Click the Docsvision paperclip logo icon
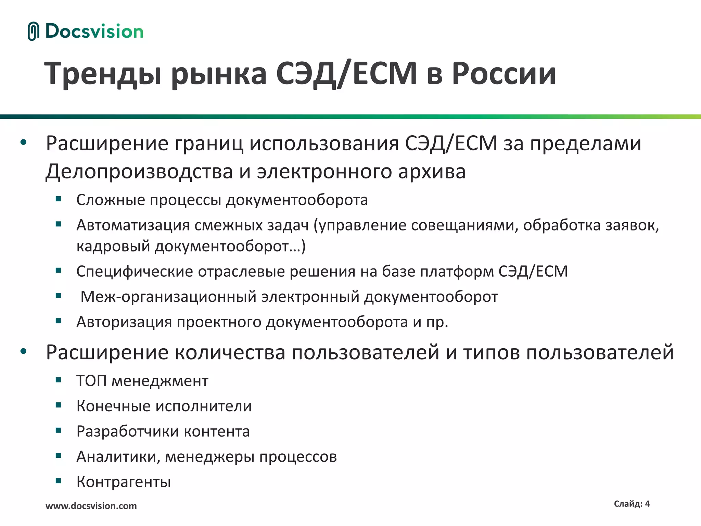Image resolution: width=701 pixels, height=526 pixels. point(33,31)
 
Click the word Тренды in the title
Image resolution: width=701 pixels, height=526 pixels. point(103,73)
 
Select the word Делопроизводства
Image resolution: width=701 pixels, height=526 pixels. point(139,172)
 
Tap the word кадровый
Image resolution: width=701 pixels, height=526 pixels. point(113,246)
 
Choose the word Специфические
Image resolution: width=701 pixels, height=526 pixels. point(135,272)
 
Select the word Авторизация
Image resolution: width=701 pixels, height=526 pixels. point(124,322)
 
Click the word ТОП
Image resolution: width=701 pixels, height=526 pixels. point(91,381)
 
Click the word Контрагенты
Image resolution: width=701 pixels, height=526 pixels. point(124,482)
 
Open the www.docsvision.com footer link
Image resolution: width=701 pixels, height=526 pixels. point(91,506)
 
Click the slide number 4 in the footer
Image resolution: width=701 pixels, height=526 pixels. point(647,504)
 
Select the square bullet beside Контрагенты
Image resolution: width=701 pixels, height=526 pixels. point(59,481)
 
